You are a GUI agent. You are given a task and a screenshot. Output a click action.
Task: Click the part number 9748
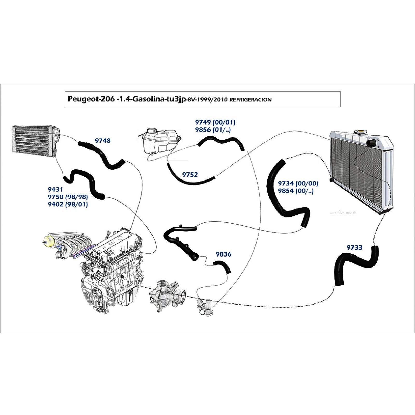103,141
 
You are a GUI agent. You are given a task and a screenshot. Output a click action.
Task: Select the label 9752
190,175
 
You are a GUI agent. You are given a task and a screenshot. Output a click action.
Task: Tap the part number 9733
354,247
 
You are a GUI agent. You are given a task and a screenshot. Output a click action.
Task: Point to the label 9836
223,254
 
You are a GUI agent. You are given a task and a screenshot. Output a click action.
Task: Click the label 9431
55,190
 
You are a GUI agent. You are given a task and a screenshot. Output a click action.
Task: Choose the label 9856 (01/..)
213,130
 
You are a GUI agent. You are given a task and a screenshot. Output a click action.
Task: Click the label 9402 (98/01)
68,204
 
